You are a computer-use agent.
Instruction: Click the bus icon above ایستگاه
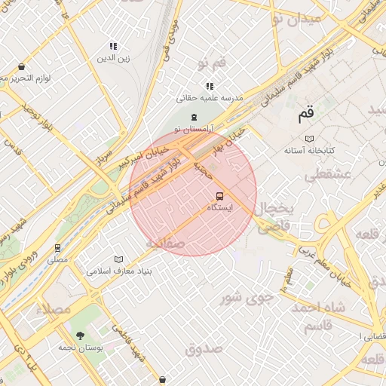pos(219,196)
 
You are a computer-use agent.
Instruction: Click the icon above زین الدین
pos(114,46)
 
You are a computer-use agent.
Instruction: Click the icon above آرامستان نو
pos(195,117)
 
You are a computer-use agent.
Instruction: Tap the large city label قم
pos(305,115)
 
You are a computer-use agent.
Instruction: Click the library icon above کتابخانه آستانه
pos(309,139)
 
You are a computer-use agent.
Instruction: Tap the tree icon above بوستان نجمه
pos(80,335)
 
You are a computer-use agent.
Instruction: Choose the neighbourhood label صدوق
pos(204,348)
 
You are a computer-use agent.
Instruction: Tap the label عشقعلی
pos(326,175)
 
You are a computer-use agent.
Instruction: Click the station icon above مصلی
pos(57,248)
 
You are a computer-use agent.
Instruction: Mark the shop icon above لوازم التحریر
pos(21,67)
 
